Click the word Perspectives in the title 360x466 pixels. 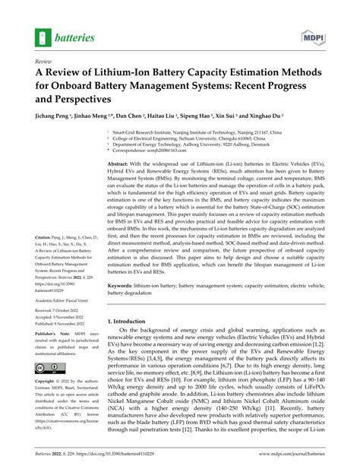(80, 99)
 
